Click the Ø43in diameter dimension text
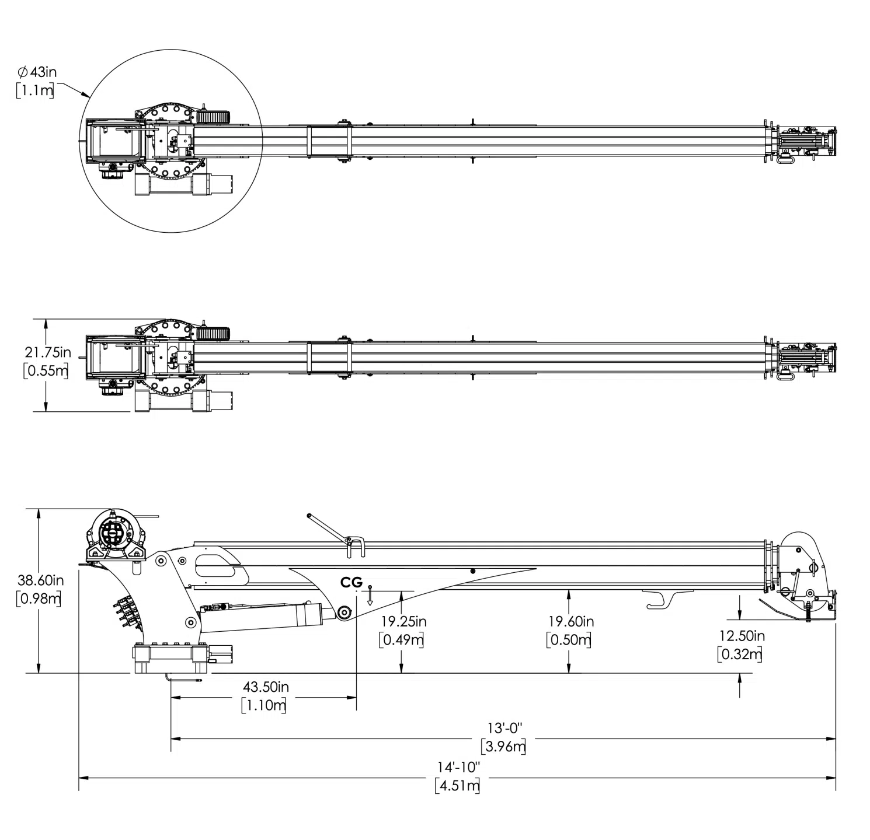(x=37, y=72)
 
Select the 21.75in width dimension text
(x=47, y=352)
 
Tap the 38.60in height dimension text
(x=40, y=580)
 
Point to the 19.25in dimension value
(x=402, y=622)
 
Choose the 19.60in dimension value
(x=570, y=622)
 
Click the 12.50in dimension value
(x=741, y=636)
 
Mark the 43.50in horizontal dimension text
(x=265, y=687)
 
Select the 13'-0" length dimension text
(x=504, y=728)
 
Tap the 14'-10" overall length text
(x=458, y=766)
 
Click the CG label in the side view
(x=352, y=582)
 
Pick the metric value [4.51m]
(x=458, y=785)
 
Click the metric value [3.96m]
(x=504, y=747)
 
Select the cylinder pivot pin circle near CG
(x=343, y=612)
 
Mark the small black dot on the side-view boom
(x=472, y=571)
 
